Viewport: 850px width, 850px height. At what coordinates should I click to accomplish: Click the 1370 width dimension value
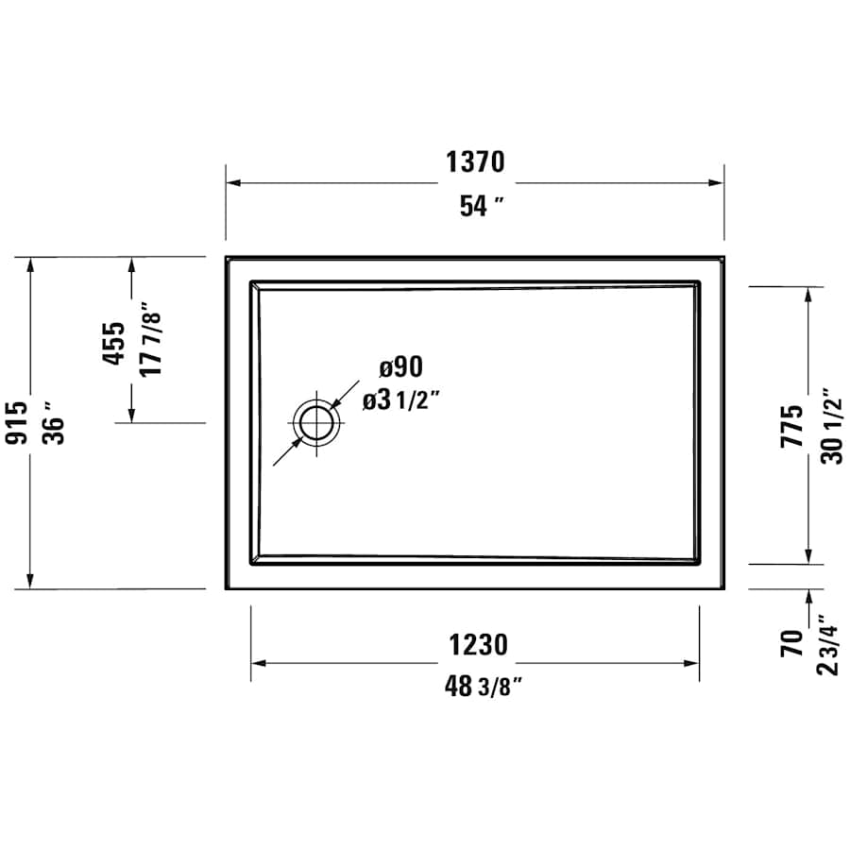coord(475,163)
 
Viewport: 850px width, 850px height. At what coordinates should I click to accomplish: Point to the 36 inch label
coord(53,422)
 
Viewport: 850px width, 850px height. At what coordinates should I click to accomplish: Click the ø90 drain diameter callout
coord(400,366)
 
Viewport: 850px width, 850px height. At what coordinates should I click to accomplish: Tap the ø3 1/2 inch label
coord(401,400)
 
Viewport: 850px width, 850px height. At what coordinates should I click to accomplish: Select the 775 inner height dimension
coord(792,425)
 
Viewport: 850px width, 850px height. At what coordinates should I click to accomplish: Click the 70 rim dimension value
coord(791,642)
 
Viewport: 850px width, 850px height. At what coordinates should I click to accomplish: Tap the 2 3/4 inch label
coord(827,642)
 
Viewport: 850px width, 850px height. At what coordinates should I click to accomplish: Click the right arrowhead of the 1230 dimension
coord(691,663)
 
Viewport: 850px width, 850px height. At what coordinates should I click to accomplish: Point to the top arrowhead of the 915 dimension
coord(31,264)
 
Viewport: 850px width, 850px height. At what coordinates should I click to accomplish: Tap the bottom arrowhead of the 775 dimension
coord(808,556)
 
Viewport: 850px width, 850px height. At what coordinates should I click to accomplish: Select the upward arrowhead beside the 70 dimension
coord(808,596)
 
